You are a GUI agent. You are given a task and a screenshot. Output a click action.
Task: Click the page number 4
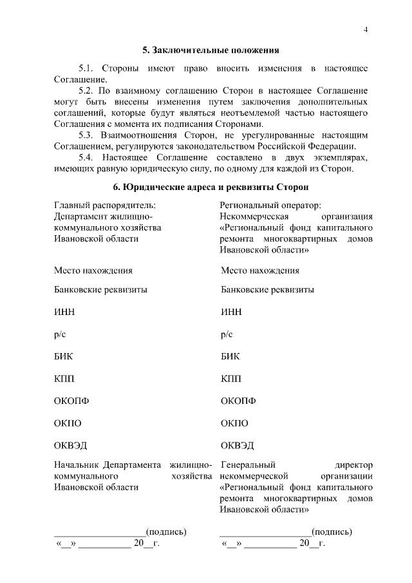coord(365,30)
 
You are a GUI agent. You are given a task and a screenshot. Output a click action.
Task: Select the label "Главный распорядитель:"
coord(105,205)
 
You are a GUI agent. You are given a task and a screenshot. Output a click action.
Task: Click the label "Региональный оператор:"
coord(270,205)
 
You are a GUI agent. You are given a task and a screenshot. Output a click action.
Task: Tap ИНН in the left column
coord(64,312)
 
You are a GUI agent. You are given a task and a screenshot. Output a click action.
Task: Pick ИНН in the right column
coord(231,312)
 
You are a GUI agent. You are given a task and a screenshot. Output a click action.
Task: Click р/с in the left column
coord(60,334)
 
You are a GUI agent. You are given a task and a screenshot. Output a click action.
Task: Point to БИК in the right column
coord(230,356)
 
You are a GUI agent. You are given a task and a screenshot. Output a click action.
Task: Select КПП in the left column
coord(64,379)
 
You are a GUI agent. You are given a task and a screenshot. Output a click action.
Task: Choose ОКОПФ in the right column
coord(238,401)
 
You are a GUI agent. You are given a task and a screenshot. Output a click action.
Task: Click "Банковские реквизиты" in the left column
coord(100,289)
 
